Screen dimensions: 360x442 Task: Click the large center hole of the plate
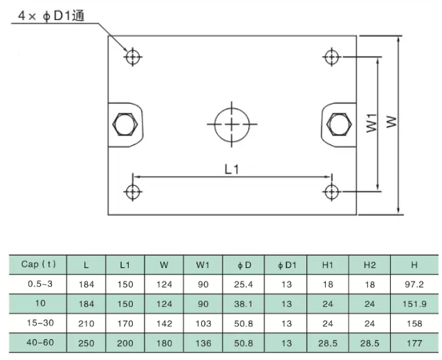point(232,124)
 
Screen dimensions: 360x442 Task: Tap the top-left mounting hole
point(132,56)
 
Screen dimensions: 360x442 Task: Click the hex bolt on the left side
point(125,125)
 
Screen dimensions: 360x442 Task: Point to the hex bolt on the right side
point(338,125)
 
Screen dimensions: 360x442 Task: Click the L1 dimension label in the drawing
point(232,168)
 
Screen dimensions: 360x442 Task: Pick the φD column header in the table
point(243,265)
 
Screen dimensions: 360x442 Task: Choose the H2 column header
point(369,265)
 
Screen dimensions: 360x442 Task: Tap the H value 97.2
point(414,284)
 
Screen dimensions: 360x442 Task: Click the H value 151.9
point(414,303)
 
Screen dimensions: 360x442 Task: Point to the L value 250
point(86,342)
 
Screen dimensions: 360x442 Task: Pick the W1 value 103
point(203,323)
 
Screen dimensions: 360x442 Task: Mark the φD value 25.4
point(243,284)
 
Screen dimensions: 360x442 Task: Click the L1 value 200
point(125,342)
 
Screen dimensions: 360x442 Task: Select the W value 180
point(164,342)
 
